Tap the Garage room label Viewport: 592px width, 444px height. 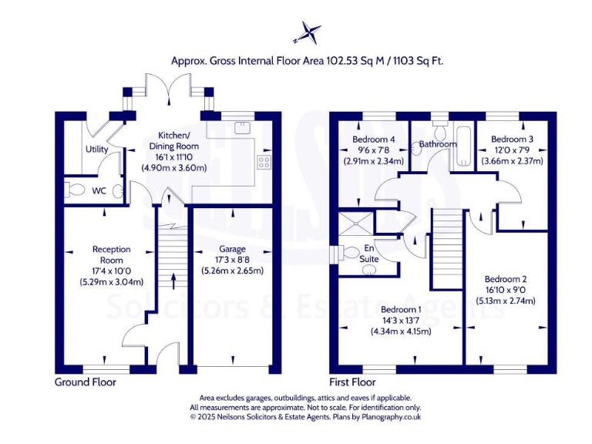[x=232, y=249]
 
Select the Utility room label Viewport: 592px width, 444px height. [x=96, y=150]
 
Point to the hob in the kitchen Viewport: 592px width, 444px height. [x=263, y=162]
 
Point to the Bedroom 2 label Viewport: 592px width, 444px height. [x=505, y=278]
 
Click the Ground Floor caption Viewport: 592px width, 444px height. [x=85, y=382]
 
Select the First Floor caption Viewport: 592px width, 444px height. [x=352, y=382]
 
